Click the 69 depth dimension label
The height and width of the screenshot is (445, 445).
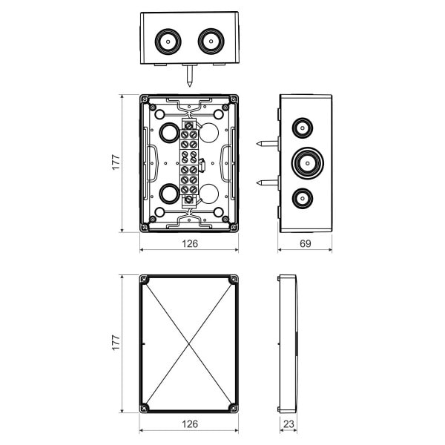click(305, 243)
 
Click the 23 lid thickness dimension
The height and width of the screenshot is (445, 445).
click(289, 424)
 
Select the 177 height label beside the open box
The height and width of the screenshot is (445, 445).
click(116, 162)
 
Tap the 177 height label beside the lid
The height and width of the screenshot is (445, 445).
click(116, 343)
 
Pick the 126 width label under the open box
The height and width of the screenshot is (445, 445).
click(190, 243)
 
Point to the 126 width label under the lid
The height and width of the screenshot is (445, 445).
click(190, 424)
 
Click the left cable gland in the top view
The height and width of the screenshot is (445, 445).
click(168, 42)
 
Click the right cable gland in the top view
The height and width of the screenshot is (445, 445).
click(211, 42)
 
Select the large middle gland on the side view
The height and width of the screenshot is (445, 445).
click(308, 163)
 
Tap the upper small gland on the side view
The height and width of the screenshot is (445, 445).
click(303, 128)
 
